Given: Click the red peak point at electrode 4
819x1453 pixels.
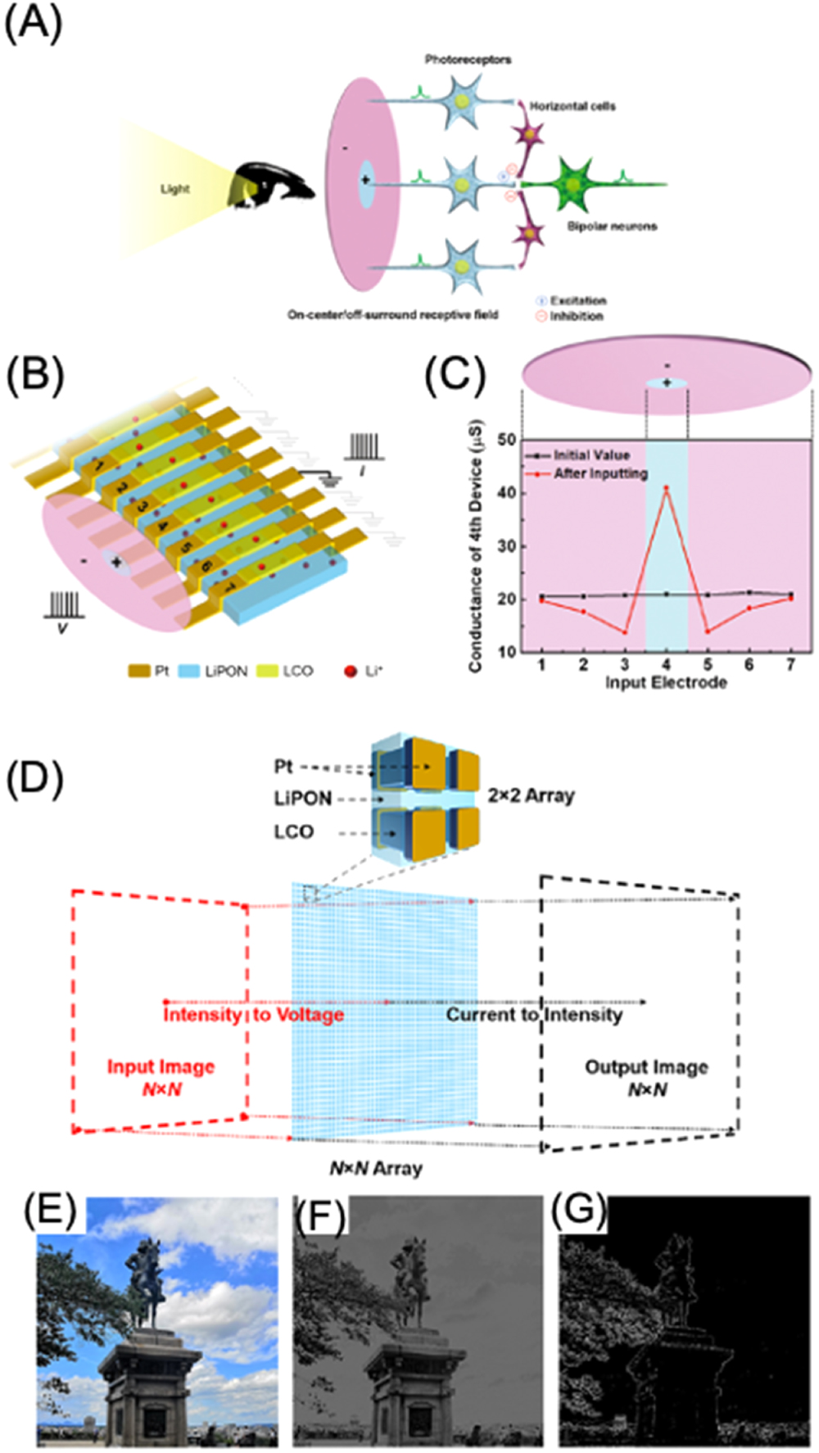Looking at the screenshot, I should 667,487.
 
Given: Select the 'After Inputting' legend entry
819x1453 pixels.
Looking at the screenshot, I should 600,473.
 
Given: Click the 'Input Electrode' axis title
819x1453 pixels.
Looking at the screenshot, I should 666,682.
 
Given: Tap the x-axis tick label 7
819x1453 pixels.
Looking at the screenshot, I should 790,664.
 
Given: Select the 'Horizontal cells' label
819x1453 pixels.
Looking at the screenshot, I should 572,106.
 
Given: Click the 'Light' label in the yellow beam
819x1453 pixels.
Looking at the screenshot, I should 174,189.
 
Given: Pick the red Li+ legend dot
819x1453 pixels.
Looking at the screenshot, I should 351,671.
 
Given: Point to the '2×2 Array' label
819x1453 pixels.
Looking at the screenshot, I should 531,795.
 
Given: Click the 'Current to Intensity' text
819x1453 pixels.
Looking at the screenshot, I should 534,1016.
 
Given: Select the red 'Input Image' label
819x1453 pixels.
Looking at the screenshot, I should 161,1067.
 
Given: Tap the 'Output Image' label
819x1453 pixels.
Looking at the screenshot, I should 646,1067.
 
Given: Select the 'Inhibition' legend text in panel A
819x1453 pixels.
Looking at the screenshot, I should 576,316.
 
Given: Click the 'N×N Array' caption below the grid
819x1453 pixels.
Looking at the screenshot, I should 376,1168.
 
